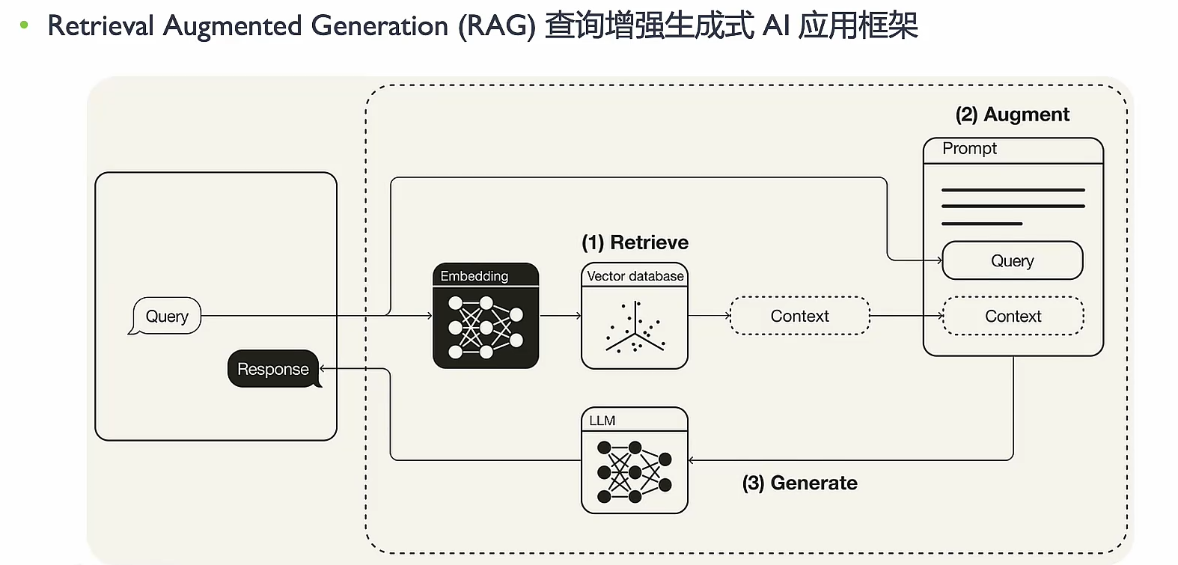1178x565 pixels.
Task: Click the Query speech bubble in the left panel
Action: click(166, 316)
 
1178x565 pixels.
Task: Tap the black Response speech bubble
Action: click(273, 369)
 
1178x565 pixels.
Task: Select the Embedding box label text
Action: click(474, 276)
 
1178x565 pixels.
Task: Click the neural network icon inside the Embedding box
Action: click(486, 327)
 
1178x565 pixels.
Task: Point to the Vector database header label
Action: click(635, 276)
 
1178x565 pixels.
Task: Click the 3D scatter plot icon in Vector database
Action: click(635, 328)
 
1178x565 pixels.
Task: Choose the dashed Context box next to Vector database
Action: click(799, 316)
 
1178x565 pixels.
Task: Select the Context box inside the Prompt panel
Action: click(1013, 316)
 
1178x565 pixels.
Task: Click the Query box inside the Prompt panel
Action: click(1012, 260)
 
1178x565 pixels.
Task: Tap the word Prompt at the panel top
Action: click(969, 148)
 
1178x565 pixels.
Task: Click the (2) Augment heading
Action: click(1012, 114)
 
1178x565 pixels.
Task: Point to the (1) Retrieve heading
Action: click(635, 242)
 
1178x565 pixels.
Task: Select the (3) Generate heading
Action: click(799, 483)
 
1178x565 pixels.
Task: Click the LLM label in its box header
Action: click(602, 421)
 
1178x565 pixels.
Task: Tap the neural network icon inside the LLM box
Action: click(635, 472)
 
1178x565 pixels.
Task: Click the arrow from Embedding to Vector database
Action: click(560, 316)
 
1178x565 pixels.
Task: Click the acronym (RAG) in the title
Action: click(497, 26)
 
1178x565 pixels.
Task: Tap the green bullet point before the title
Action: click(24, 25)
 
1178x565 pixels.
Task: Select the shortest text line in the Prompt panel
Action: click(981, 223)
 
